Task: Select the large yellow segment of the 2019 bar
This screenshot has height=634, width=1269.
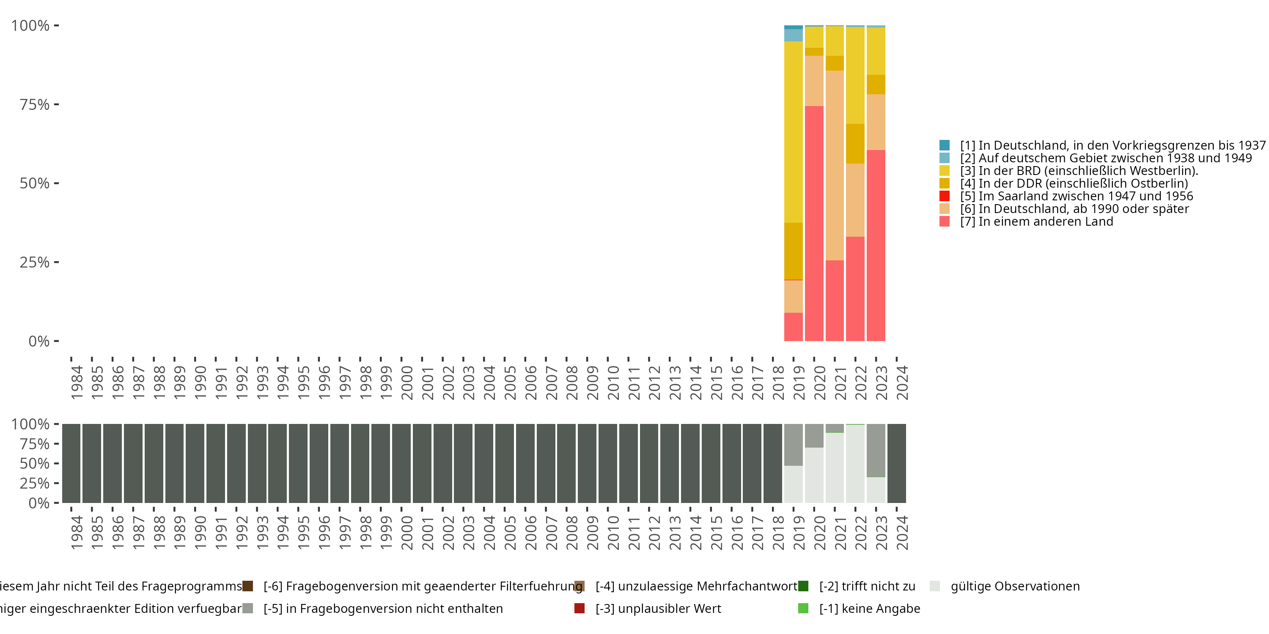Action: pyautogui.click(x=793, y=132)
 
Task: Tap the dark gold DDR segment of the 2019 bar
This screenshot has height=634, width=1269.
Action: pyautogui.click(x=793, y=251)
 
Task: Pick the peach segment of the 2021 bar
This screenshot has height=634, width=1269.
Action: pyautogui.click(x=835, y=165)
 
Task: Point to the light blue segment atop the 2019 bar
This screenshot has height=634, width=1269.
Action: pyautogui.click(x=793, y=35)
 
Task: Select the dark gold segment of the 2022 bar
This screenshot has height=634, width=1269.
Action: pyautogui.click(x=855, y=143)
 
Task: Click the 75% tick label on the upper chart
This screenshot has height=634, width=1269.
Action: pyautogui.click(x=35, y=105)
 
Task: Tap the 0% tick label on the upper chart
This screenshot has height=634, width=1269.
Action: pyautogui.click(x=39, y=341)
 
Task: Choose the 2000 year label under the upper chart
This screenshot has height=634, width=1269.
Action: pyautogui.click(x=407, y=383)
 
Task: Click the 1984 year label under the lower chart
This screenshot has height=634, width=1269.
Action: pyautogui.click(x=77, y=533)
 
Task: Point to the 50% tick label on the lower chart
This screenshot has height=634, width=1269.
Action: pyautogui.click(x=35, y=463)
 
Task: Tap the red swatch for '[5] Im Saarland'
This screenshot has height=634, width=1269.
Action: pyautogui.click(x=945, y=196)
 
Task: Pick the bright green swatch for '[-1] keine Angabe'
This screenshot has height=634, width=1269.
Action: pyautogui.click(x=803, y=608)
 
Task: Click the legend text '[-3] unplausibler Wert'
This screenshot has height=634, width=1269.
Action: pyautogui.click(x=658, y=608)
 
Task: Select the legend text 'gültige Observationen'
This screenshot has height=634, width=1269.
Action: pyautogui.click(x=1015, y=586)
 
